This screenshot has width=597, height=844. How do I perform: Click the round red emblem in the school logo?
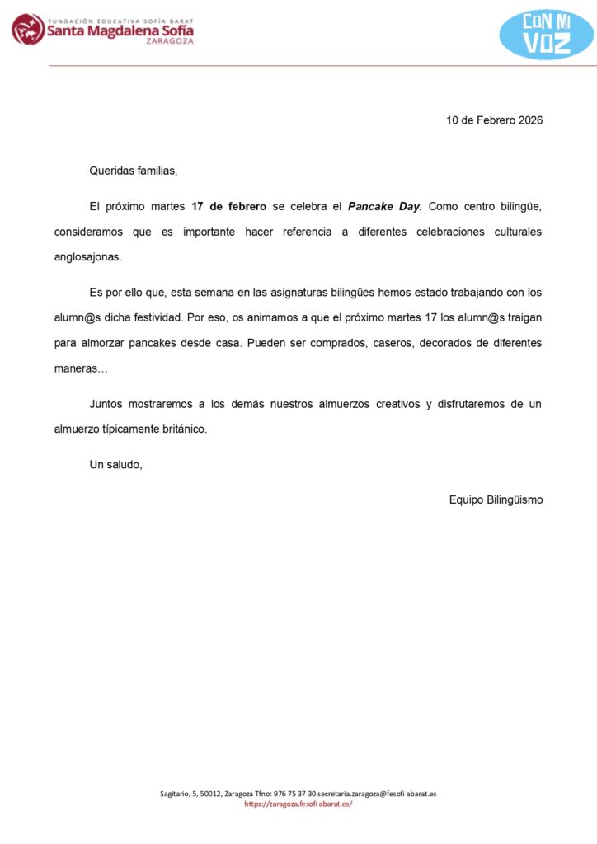coord(28,30)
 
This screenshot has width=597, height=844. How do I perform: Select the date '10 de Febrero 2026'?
coord(495,120)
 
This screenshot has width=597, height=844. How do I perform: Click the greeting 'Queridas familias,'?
coord(134,171)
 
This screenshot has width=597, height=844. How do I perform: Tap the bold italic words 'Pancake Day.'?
coord(385,206)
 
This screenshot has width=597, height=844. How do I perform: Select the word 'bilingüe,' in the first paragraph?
coord(517,206)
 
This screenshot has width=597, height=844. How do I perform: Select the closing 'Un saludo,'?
coord(116,464)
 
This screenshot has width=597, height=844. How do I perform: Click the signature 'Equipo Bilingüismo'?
coord(496,499)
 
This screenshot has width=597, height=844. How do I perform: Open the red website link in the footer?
coord(298,804)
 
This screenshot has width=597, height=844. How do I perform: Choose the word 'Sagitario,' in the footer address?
coord(176,794)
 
